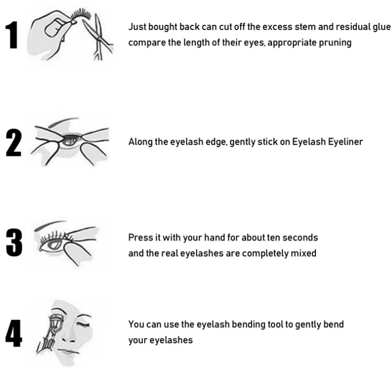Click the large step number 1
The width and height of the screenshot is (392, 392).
tap(12, 35)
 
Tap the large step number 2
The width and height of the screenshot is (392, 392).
tap(14, 143)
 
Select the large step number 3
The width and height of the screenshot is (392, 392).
tap(14, 243)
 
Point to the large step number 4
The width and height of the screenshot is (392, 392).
tap(14, 333)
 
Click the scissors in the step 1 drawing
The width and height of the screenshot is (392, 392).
tap(99, 38)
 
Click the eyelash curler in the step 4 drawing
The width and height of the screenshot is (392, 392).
tap(49, 333)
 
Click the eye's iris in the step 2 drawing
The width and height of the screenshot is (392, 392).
tap(70, 141)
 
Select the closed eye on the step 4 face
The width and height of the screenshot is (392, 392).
tap(83, 325)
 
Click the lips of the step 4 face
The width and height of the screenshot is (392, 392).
tap(68, 351)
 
